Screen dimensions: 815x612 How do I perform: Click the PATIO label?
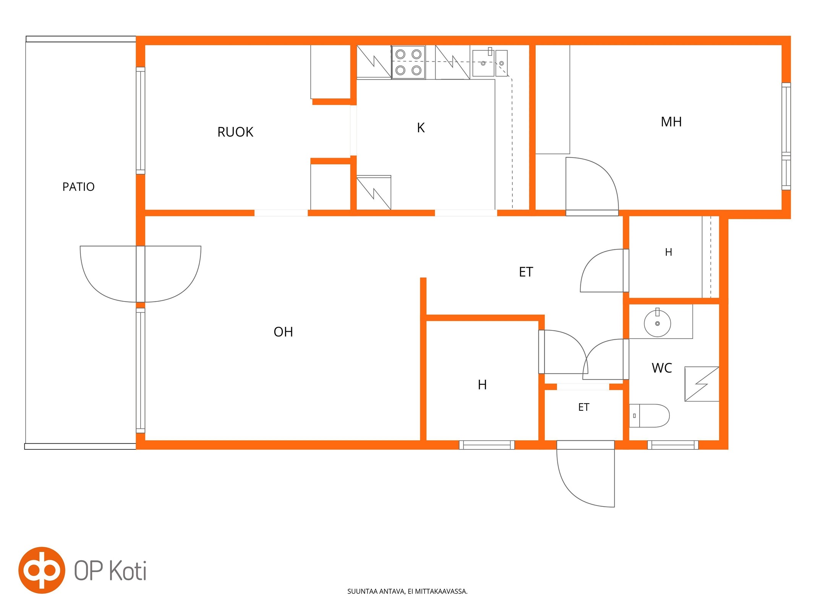[x=78, y=187]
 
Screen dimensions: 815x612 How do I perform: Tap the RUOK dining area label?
[x=235, y=132]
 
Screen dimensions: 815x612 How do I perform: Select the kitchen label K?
[x=421, y=127]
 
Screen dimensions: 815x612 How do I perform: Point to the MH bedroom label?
[x=671, y=122]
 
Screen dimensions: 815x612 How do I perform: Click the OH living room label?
[x=283, y=332]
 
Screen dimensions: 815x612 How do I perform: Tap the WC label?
[x=662, y=368]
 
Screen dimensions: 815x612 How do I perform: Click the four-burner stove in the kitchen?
[x=408, y=62]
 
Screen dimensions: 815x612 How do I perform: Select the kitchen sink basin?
[x=483, y=63]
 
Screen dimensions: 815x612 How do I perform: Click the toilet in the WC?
[x=649, y=415]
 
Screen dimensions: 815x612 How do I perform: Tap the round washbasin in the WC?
[x=657, y=324]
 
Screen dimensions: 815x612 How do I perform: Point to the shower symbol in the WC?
[x=702, y=384]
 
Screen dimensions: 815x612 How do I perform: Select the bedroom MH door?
[x=592, y=186]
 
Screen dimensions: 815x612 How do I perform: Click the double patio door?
[x=141, y=274]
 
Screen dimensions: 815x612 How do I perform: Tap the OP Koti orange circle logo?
[x=42, y=570]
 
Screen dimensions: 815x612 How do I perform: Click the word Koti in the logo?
[x=128, y=571]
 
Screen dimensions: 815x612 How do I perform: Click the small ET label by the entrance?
[x=583, y=407]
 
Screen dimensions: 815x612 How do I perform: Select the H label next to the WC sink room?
[x=668, y=252]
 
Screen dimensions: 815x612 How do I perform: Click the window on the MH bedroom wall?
[x=786, y=136]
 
